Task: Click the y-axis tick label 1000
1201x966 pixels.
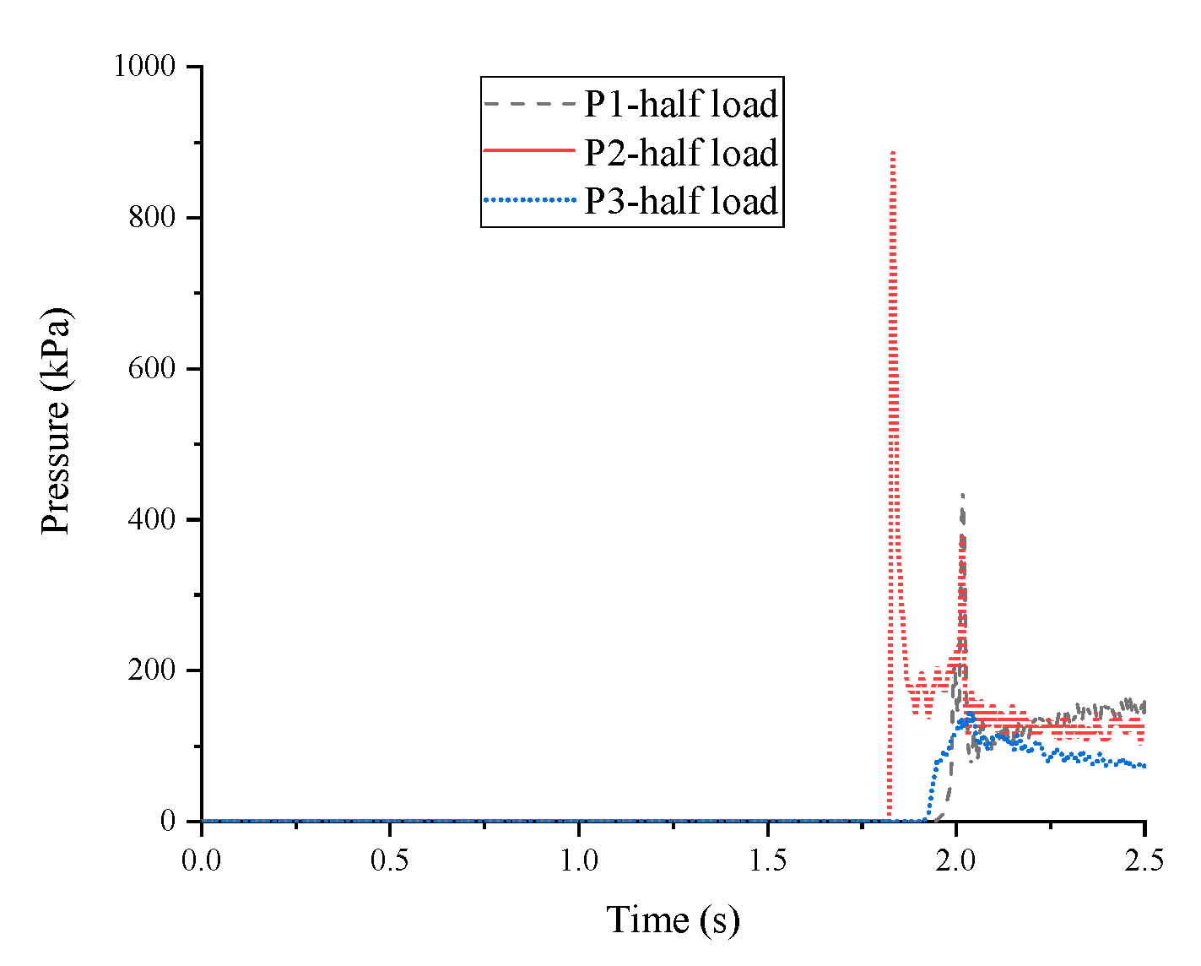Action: click(x=151, y=67)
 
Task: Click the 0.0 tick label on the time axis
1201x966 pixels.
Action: click(x=202, y=860)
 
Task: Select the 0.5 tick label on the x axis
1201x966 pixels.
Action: click(x=390, y=860)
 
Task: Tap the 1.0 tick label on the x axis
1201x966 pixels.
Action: click(x=579, y=860)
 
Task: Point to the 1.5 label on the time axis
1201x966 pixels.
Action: click(x=767, y=860)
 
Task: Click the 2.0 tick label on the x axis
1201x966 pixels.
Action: click(x=956, y=860)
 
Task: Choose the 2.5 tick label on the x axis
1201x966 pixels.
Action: click(x=1144, y=860)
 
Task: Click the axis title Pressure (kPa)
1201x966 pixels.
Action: click(x=57, y=420)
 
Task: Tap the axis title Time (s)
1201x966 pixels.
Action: click(x=673, y=920)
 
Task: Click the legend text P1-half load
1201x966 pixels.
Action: click(x=680, y=104)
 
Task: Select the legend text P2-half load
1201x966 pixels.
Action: click(x=680, y=153)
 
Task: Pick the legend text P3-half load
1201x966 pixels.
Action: click(x=680, y=201)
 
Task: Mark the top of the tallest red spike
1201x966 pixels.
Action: click(x=893, y=153)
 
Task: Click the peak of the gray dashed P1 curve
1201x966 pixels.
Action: click(x=962, y=495)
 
